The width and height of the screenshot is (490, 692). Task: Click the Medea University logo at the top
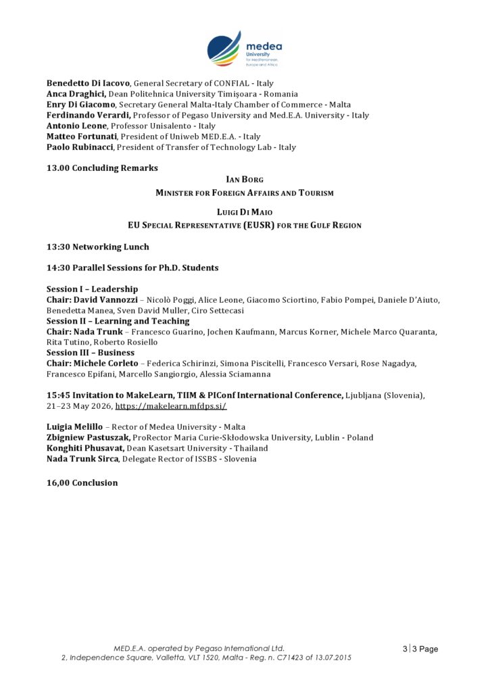(x=244, y=49)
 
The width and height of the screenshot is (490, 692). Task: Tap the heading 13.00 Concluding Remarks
(x=102, y=168)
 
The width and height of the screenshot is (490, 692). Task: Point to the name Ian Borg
(x=245, y=180)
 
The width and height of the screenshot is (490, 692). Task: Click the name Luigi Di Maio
(x=245, y=213)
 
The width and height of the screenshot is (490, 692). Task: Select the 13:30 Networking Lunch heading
(x=98, y=247)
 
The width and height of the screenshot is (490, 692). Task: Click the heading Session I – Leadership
(x=92, y=289)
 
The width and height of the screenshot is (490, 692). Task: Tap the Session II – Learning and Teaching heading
(x=118, y=321)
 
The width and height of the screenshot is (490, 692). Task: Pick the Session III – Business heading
(x=91, y=353)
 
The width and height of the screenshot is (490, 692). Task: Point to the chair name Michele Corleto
(x=105, y=364)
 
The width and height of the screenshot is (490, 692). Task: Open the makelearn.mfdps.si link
(x=171, y=406)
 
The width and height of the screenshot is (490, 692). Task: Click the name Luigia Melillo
(x=74, y=427)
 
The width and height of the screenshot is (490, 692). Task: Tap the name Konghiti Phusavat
(x=85, y=448)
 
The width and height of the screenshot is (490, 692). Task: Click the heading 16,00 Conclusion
(x=82, y=483)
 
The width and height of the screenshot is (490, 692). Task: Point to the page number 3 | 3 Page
(x=420, y=649)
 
